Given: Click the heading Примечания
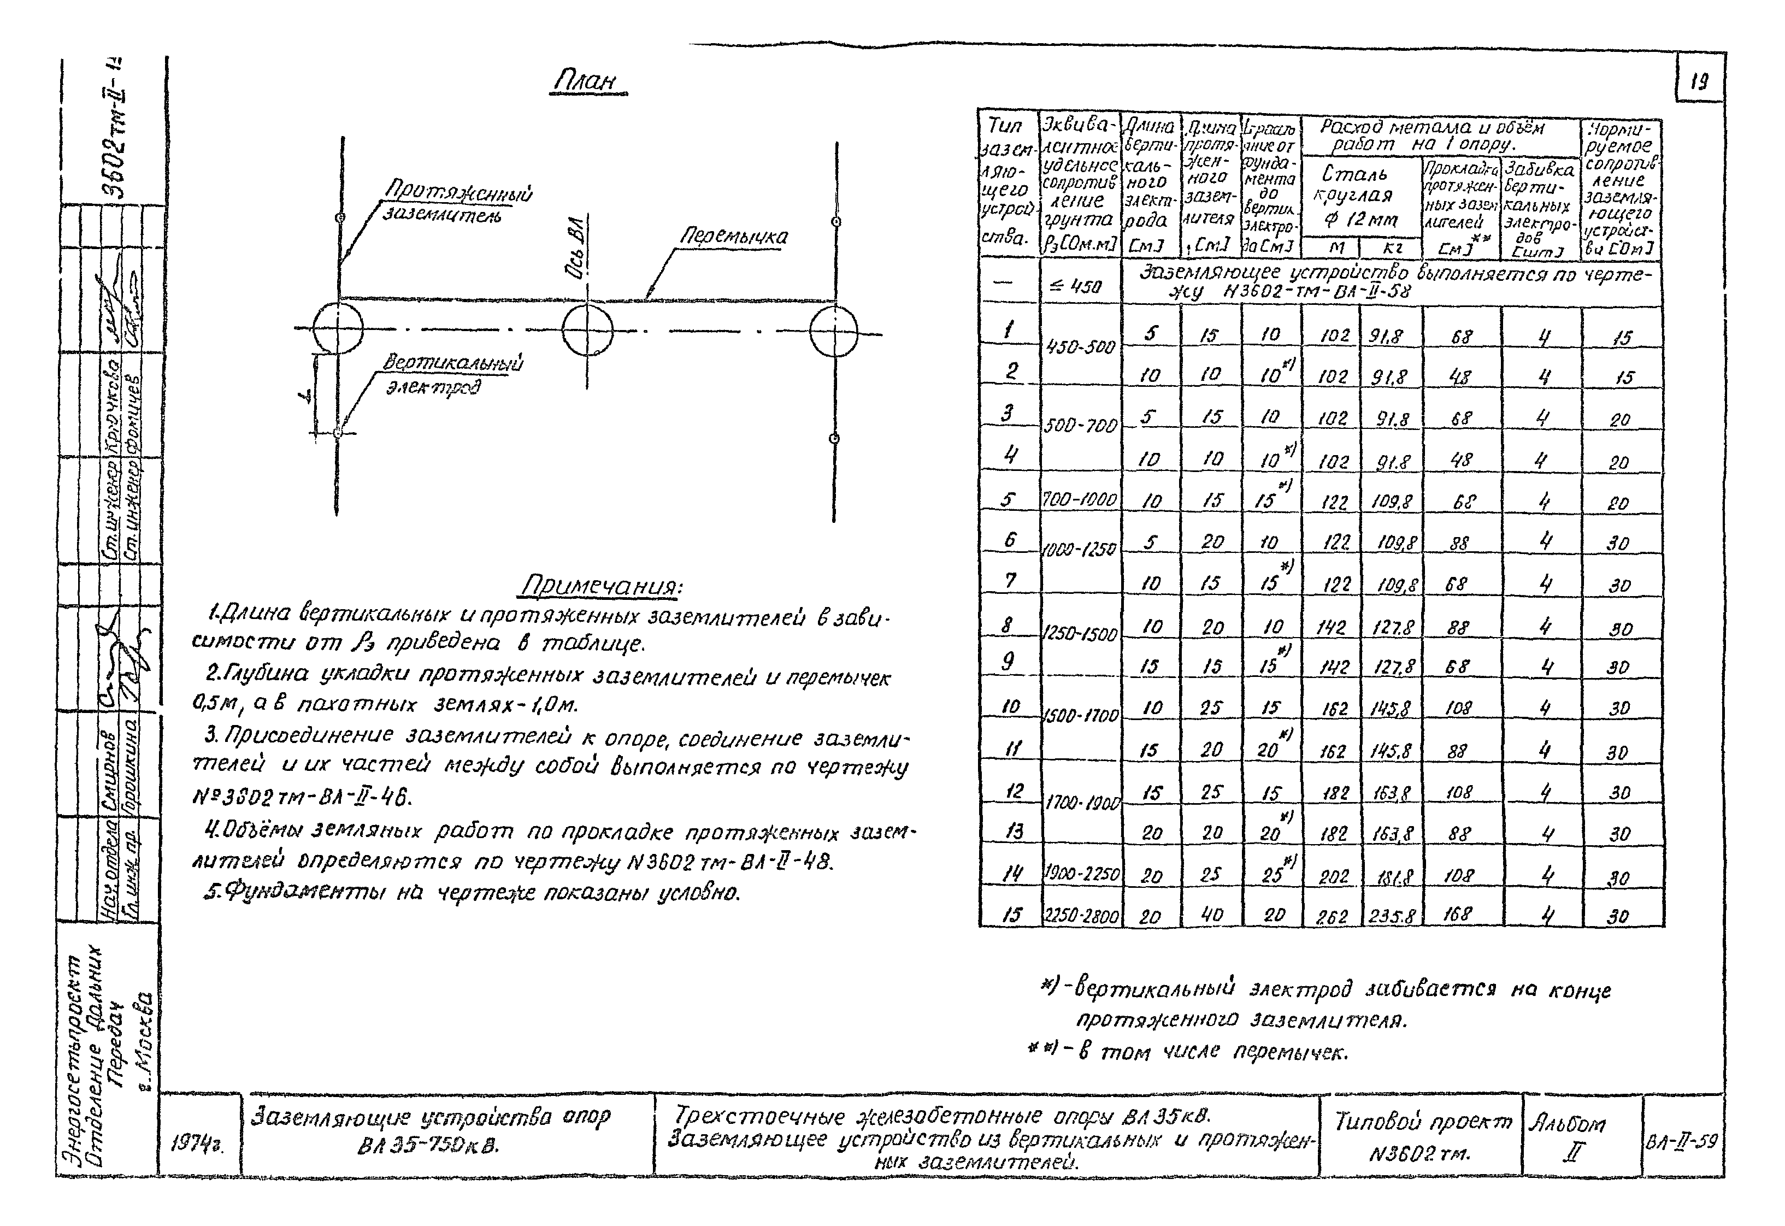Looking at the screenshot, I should [x=602, y=587].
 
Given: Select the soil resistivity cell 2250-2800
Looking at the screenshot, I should [x=1081, y=916].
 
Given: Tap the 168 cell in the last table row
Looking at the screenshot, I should [x=1457, y=914].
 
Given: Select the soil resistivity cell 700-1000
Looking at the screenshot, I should [x=1080, y=500].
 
